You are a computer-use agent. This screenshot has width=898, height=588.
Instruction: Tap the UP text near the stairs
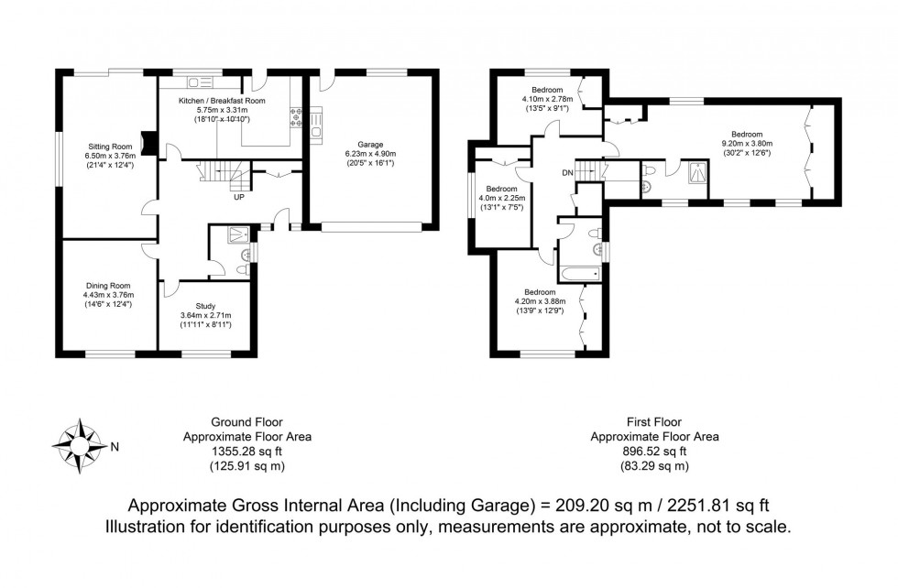coord(239,196)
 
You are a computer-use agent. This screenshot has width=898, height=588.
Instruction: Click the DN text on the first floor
coord(567,172)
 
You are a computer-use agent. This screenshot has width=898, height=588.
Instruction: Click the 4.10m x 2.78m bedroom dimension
coord(547,99)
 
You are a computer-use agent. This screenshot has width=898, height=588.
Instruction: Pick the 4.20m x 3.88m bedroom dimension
coord(541,300)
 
